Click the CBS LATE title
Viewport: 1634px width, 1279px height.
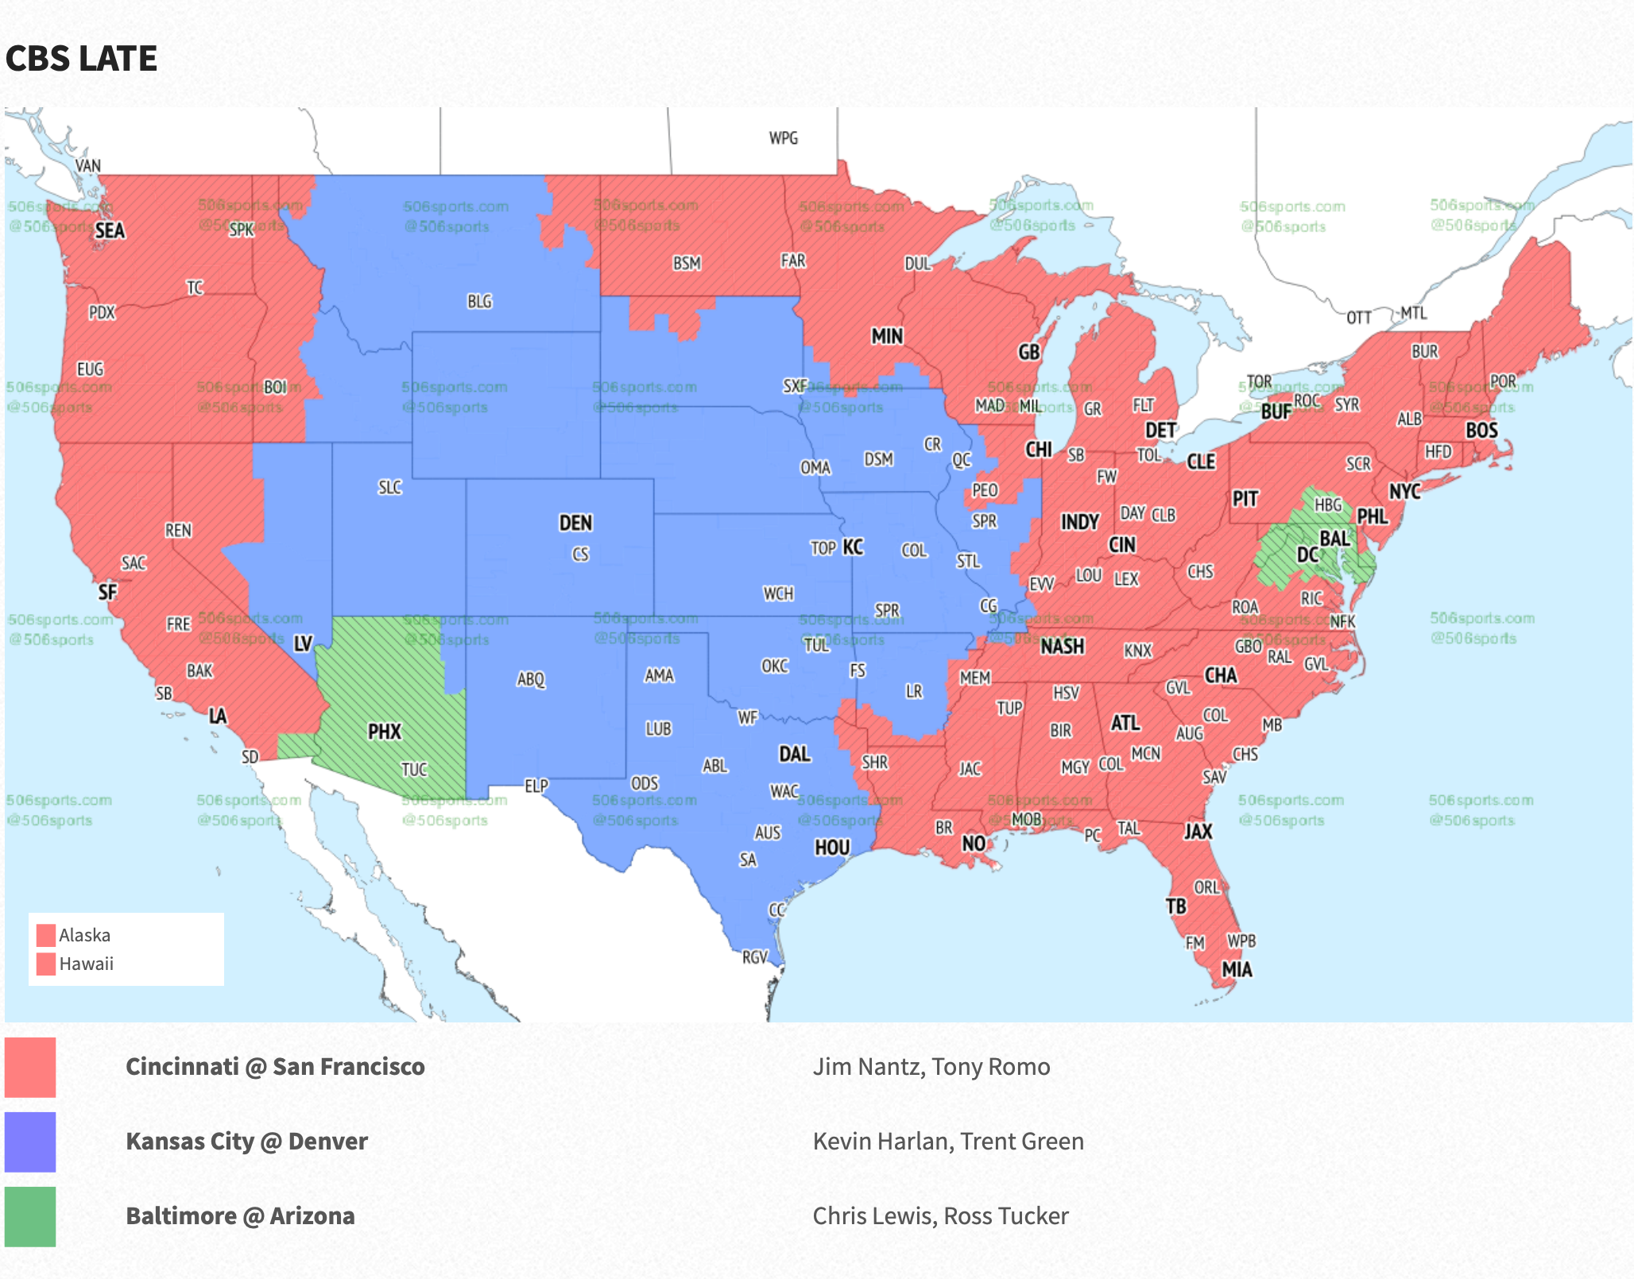[x=81, y=59]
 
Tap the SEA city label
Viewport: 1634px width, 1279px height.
[x=110, y=231]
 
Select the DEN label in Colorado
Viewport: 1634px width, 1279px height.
[x=575, y=523]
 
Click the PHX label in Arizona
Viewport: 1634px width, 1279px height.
[x=385, y=731]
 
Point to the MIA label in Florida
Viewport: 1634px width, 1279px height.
[x=1237, y=969]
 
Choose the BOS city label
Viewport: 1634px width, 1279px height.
[x=1481, y=431]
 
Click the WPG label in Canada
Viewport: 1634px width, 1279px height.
[x=783, y=138]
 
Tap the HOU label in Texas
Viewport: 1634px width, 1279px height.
[x=832, y=848]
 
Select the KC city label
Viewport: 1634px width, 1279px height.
[x=853, y=547]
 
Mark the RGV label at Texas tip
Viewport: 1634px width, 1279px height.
[x=755, y=957]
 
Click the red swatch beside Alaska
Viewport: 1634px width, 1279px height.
[x=46, y=935]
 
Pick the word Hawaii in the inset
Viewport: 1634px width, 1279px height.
[x=86, y=964]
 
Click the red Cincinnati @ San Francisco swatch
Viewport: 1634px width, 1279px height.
[x=30, y=1067]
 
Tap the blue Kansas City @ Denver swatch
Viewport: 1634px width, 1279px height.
[x=30, y=1142]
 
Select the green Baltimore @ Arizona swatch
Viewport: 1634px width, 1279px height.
[x=30, y=1216]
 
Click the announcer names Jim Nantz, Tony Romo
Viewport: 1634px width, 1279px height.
[x=931, y=1067]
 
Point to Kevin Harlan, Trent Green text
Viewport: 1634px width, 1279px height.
[x=947, y=1142]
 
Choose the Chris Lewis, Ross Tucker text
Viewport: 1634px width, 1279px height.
[x=940, y=1216]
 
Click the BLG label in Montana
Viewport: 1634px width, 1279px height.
[x=479, y=302]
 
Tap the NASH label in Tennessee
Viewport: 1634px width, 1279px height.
[x=1062, y=647]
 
